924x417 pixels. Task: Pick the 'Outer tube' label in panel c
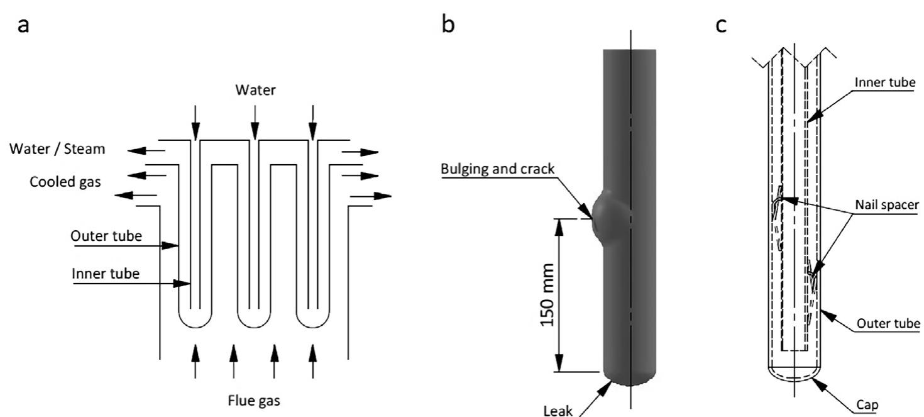(886, 323)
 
